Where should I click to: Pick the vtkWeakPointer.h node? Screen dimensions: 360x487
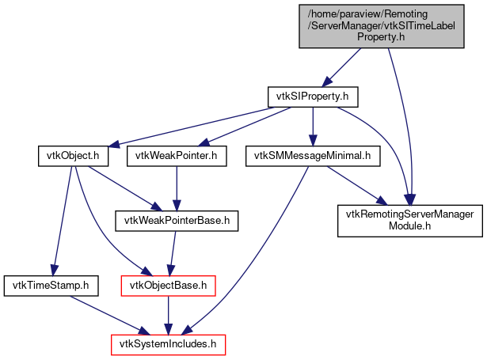coord(177,156)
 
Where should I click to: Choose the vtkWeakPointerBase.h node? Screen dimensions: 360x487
coord(176,218)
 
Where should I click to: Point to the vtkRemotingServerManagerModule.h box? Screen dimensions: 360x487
coord(409,219)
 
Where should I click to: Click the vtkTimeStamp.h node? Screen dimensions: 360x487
coord(51,282)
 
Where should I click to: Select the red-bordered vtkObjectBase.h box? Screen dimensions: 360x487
coord(168,282)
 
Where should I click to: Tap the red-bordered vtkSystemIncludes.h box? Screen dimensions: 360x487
coord(168,344)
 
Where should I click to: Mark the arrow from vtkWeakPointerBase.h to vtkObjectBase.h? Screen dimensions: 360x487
coord(172,250)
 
